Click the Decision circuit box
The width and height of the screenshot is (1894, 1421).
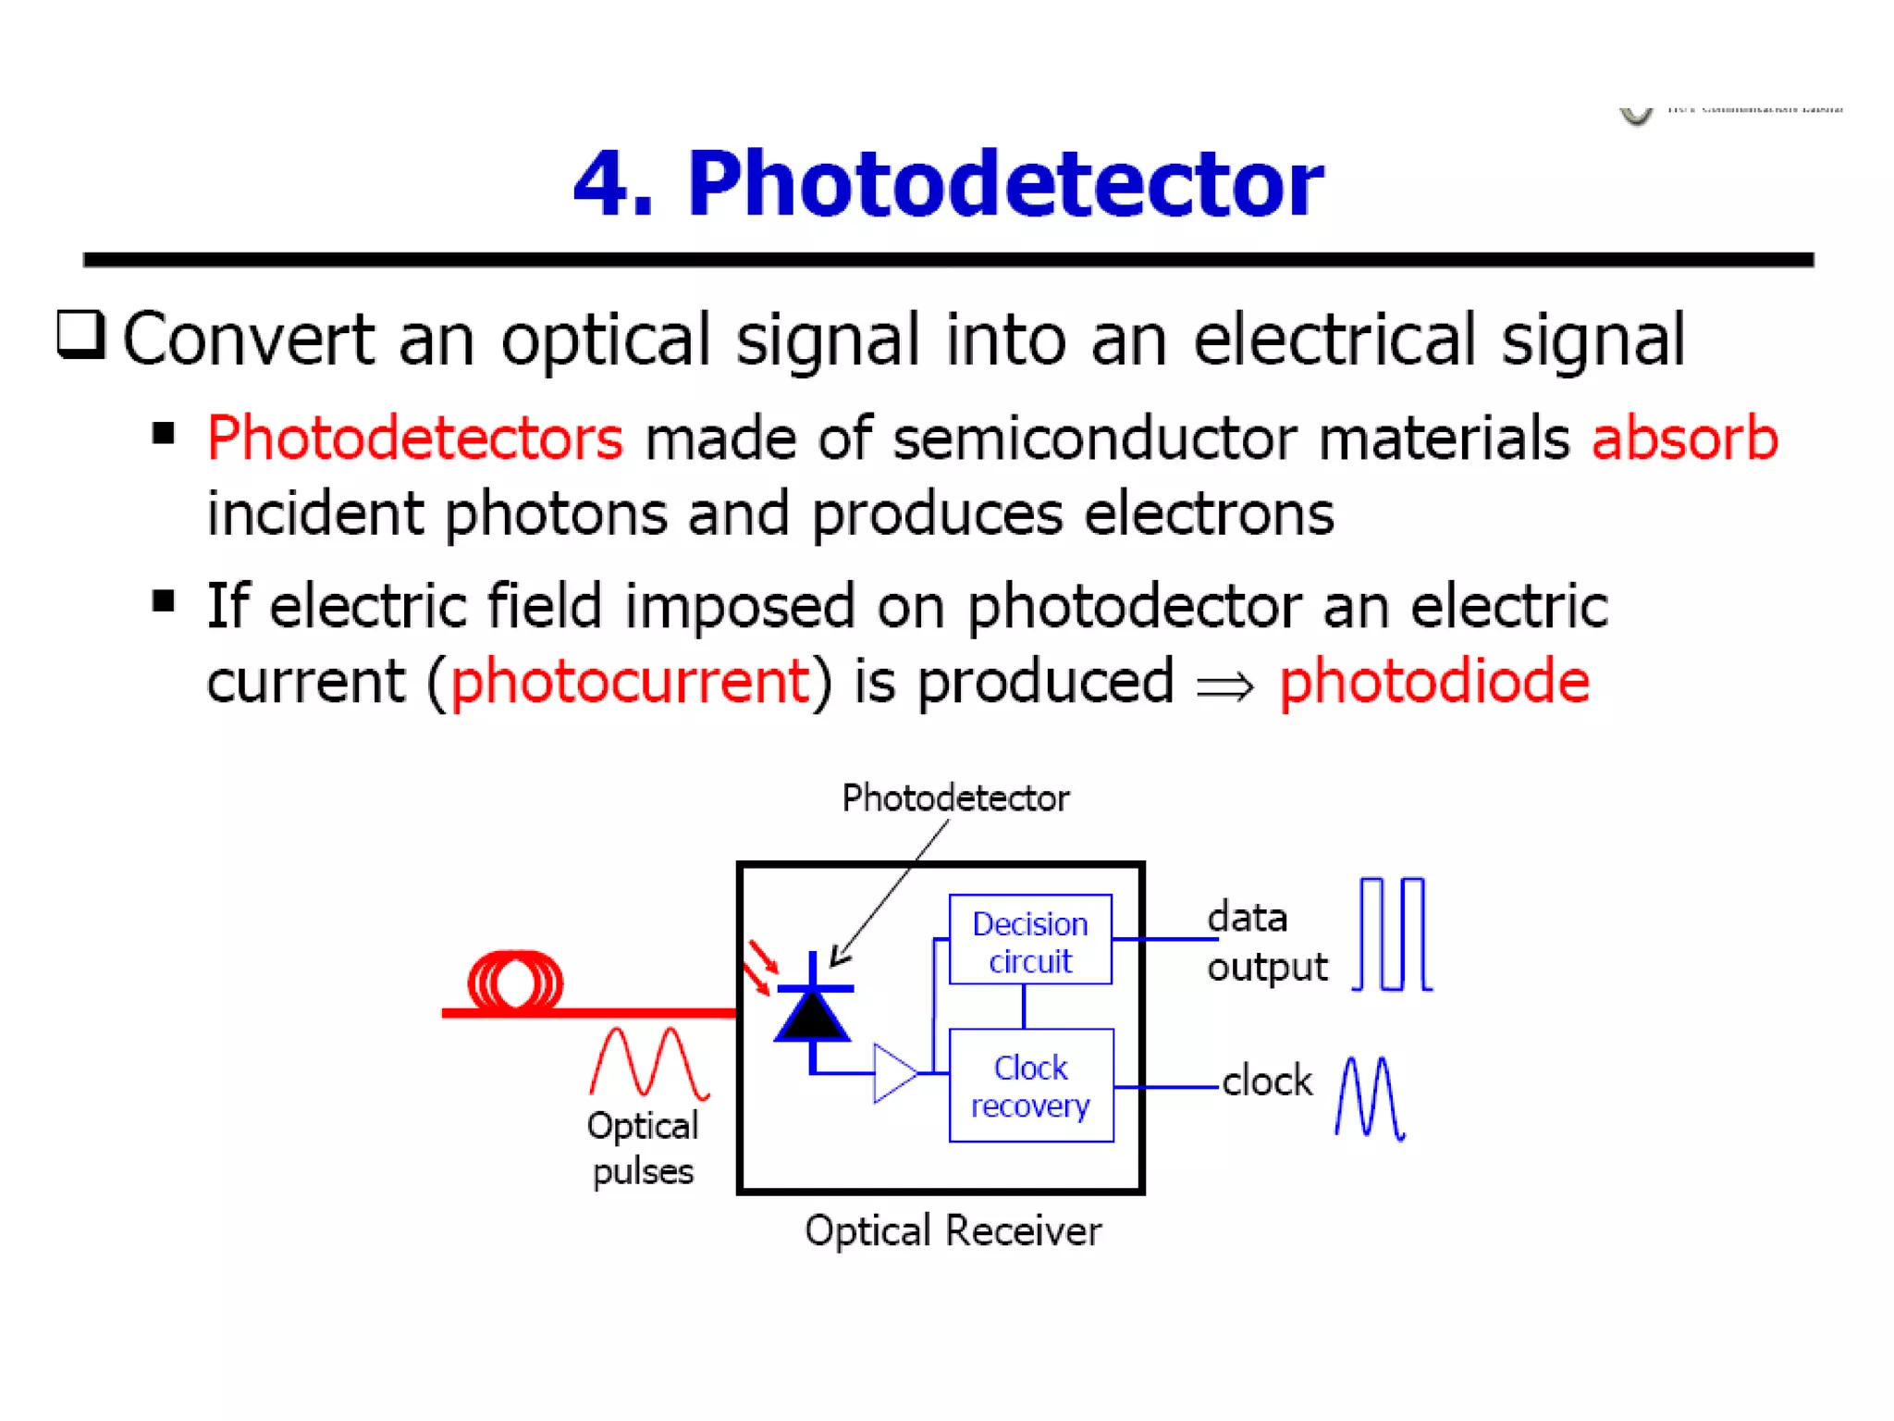coord(1029,940)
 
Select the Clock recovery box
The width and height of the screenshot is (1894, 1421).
coord(1030,1085)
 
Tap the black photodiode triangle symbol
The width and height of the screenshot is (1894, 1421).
coord(812,1016)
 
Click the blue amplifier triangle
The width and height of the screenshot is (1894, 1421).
coord(893,1073)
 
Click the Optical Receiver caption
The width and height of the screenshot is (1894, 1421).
coord(953,1231)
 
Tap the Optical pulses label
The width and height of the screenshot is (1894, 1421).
coord(643,1148)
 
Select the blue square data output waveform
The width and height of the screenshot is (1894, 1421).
coord(1393,934)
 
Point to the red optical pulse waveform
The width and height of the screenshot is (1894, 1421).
coord(649,1064)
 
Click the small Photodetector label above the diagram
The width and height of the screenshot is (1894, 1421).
coord(954,798)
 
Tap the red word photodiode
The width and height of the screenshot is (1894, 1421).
coord(1433,682)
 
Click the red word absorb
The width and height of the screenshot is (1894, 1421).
coord(1684,438)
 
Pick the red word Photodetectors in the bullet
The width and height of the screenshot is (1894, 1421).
coord(415,438)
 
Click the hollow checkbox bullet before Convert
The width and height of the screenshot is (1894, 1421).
coord(81,334)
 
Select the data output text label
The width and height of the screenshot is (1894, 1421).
coord(1266,942)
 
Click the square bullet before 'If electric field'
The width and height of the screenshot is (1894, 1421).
coord(164,602)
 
